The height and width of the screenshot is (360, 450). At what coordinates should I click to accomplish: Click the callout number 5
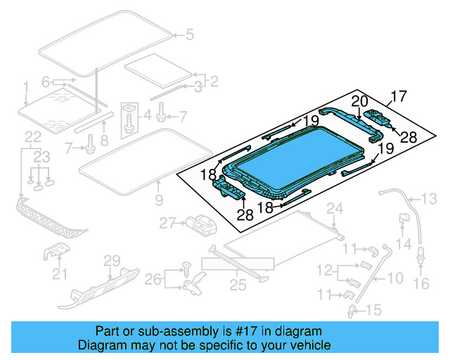(x=188, y=34)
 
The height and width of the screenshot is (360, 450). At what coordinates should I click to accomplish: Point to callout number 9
(x=158, y=200)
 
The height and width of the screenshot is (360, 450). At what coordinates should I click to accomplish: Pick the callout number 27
(x=167, y=223)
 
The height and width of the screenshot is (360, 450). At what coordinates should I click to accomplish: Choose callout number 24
(x=335, y=207)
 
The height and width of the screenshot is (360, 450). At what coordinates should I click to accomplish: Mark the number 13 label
(x=428, y=197)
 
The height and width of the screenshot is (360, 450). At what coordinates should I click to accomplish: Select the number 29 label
(x=113, y=261)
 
